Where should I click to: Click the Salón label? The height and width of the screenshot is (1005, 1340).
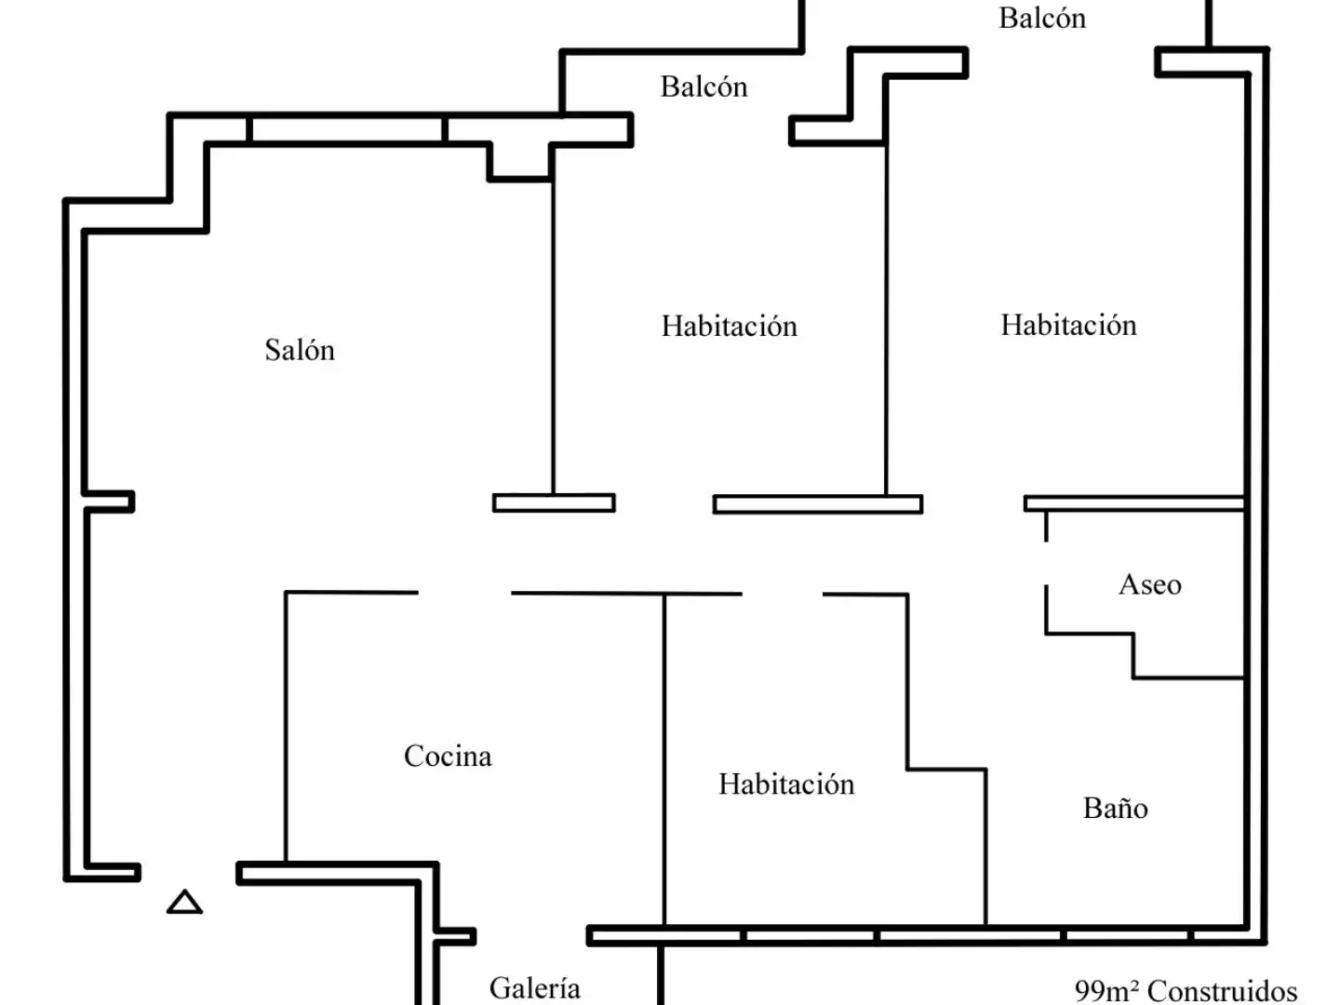(300, 350)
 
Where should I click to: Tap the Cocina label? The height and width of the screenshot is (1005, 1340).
(448, 757)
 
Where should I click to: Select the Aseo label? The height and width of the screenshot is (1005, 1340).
(1150, 584)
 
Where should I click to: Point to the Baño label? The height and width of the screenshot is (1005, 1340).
(1116, 808)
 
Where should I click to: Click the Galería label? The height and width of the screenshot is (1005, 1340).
(535, 988)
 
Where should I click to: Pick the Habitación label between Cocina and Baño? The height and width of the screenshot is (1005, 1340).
(786, 784)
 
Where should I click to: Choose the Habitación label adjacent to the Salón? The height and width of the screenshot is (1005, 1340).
(730, 326)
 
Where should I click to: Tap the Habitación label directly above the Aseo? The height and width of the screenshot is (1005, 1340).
(1068, 325)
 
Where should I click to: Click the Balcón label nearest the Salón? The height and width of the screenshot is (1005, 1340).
(703, 87)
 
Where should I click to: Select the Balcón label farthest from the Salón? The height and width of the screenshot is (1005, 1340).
(1042, 19)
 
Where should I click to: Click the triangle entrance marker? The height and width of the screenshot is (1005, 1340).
(184, 903)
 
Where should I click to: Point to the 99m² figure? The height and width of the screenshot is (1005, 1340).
(1106, 990)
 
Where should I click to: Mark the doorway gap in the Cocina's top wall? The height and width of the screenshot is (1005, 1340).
(464, 593)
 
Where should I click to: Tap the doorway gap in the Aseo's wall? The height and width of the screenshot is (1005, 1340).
(1046, 563)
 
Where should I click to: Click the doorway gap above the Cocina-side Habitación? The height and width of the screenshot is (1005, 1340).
(783, 594)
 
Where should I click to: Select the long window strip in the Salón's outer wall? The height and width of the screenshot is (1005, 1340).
(347, 129)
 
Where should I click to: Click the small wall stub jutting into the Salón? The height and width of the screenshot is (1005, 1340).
(109, 502)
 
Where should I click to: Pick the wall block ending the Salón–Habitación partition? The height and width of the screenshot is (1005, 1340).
(554, 502)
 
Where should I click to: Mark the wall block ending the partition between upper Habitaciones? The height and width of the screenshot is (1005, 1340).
(818, 504)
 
